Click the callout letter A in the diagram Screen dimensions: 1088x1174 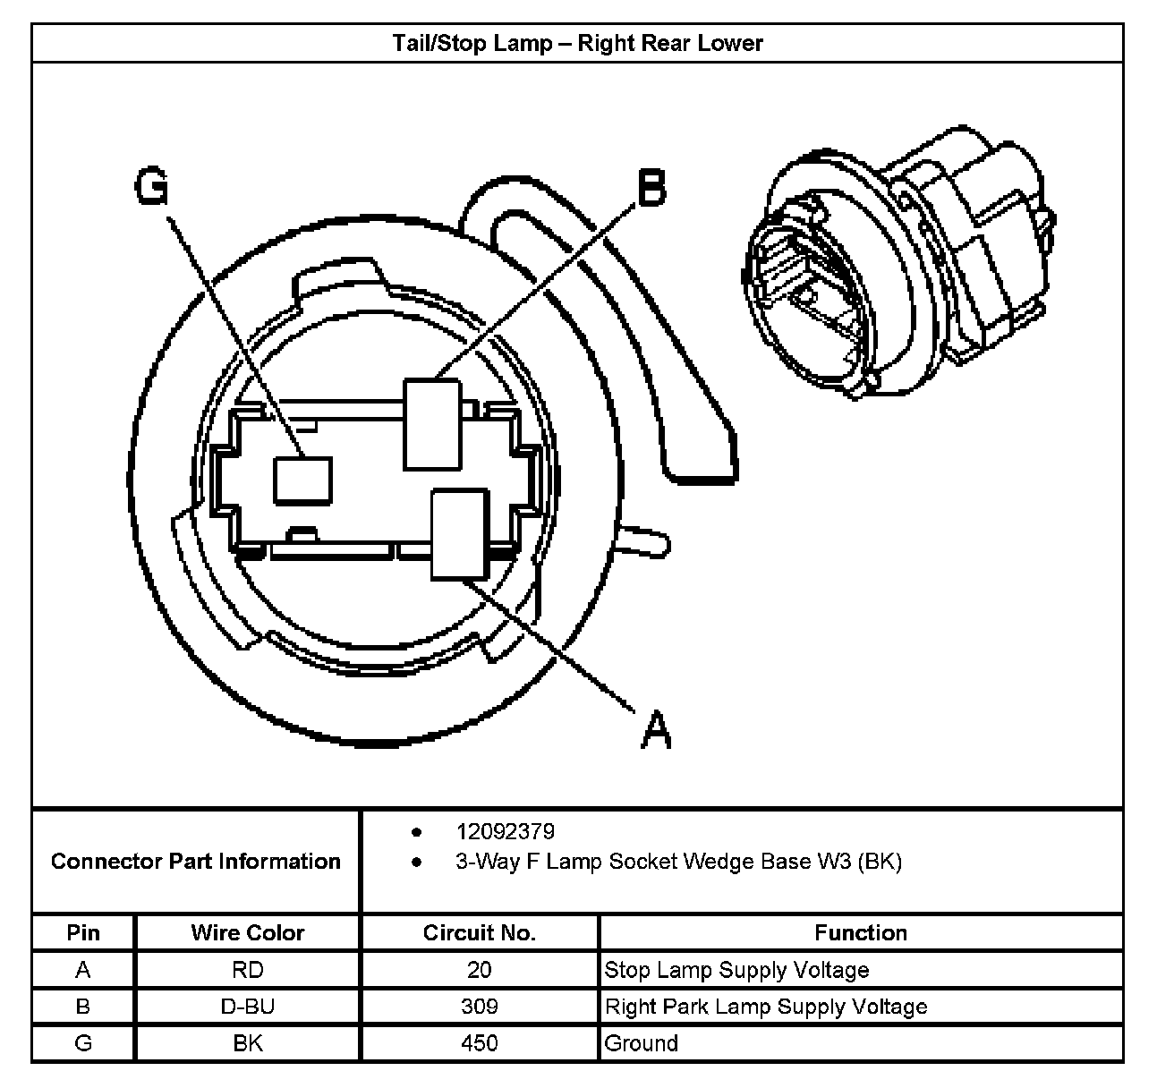[x=656, y=729]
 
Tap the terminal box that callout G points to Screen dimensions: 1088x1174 [x=302, y=480]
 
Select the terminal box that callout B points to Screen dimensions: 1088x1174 [x=432, y=423]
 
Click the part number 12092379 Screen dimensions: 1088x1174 [x=506, y=831]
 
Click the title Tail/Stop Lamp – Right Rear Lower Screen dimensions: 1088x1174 [x=577, y=43]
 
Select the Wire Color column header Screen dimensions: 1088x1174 [x=248, y=933]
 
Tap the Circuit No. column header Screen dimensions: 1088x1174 [x=480, y=933]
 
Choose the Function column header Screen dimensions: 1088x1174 [x=861, y=933]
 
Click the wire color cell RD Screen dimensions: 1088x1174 [x=248, y=970]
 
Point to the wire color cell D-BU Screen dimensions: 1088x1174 [x=248, y=1007]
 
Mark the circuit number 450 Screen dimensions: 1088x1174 [x=480, y=1043]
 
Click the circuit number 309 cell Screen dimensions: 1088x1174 [x=480, y=1007]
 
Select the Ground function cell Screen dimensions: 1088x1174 [x=642, y=1043]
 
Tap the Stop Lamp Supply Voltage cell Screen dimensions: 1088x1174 [x=736, y=970]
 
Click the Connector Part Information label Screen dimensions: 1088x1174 [x=196, y=862]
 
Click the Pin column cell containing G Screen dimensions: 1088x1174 [x=83, y=1043]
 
